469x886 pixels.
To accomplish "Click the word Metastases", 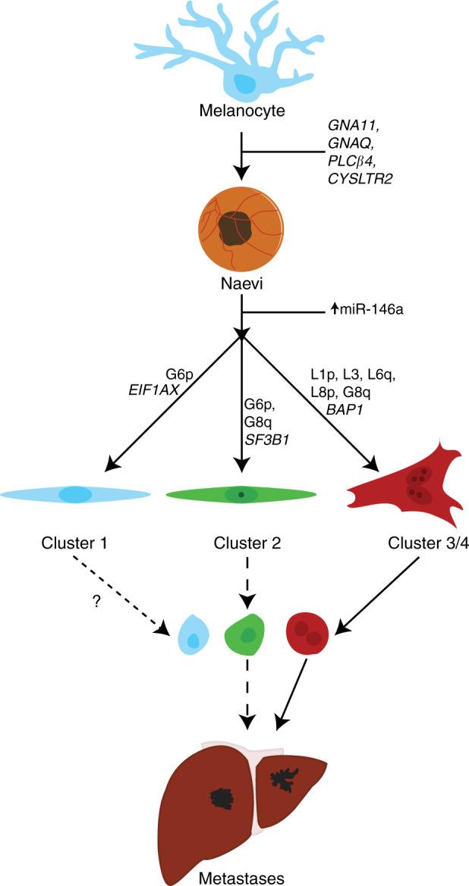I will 240,878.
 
